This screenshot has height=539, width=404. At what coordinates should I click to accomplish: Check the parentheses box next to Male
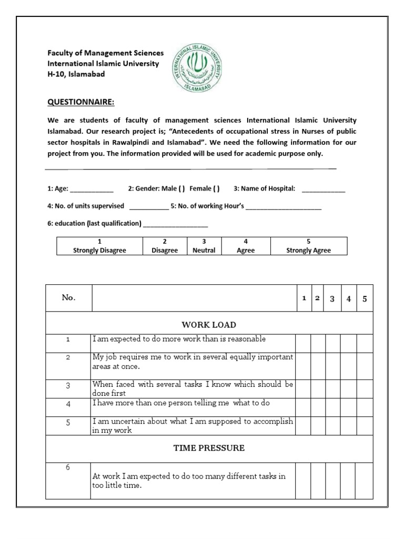[181, 188]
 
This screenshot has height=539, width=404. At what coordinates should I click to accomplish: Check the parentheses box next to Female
[217, 188]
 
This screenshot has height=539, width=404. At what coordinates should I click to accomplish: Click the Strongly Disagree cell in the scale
[99, 246]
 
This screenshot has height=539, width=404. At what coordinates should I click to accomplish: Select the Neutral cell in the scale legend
[204, 246]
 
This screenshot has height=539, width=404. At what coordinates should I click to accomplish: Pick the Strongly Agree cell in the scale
[308, 246]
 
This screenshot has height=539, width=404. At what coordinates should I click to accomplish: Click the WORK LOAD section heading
[209, 325]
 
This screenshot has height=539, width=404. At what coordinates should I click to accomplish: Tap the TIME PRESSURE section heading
[209, 448]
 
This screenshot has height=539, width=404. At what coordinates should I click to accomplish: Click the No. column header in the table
[68, 298]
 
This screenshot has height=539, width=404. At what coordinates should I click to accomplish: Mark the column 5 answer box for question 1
[365, 342]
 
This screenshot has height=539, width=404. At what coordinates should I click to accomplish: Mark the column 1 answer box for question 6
[303, 481]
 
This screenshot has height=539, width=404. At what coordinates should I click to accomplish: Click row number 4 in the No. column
[68, 404]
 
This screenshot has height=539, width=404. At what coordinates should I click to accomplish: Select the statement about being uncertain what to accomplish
[193, 425]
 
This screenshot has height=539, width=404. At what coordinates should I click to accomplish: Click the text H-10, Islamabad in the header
[76, 74]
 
